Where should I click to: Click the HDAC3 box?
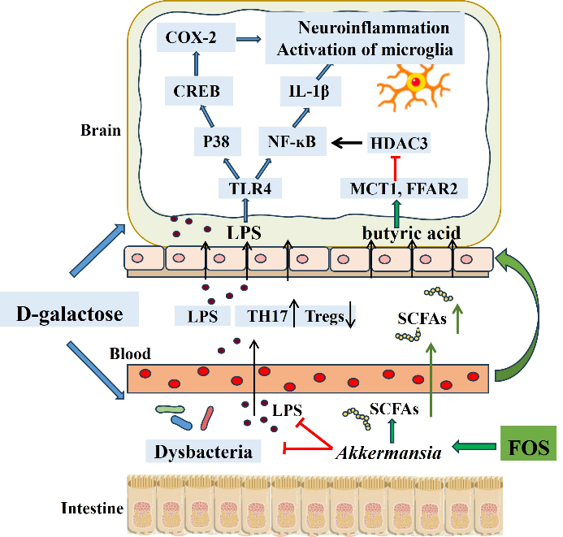pyautogui.click(x=397, y=141)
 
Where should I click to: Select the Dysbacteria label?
pyautogui.click(x=198, y=449)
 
